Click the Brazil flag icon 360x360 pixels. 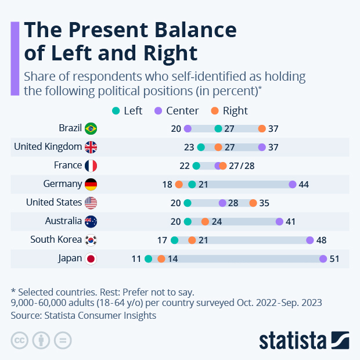coord(91,128)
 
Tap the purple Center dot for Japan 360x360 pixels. coord(323,259)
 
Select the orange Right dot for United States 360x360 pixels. coord(253,203)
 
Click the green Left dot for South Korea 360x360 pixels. coord(175,240)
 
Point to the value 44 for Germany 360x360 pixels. coord(303,185)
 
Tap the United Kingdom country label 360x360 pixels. coord(48,147)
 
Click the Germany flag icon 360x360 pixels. coord(91,185)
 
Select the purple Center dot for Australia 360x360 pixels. coord(279,222)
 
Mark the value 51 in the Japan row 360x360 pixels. coord(334,259)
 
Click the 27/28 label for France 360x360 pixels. coord(242,166)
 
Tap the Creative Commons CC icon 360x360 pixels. coord(20,340)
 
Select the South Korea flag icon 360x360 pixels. coord(91,240)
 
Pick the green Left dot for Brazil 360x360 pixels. coord(218,128)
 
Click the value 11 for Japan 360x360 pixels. coord(136,259)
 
